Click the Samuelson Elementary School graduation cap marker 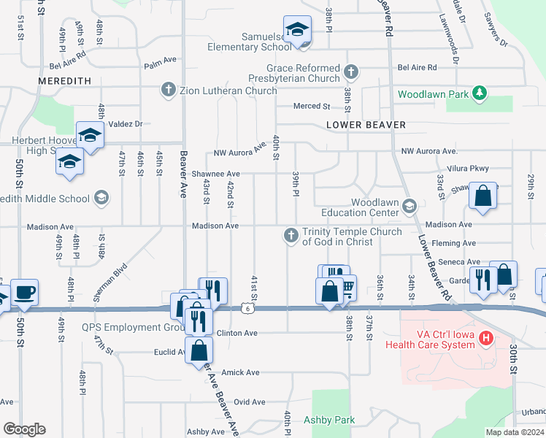click(x=297, y=30)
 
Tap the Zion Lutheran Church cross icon click(x=168, y=91)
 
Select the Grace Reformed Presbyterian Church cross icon click(x=351, y=72)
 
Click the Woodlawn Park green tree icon click(x=479, y=93)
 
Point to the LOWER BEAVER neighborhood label click(x=366, y=125)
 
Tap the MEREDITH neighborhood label click(x=65, y=81)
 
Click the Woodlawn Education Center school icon click(x=409, y=207)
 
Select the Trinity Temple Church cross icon click(x=291, y=234)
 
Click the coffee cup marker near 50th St click(x=25, y=293)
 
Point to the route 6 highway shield click(x=247, y=309)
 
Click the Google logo click(x=24, y=429)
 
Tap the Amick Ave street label click(x=241, y=372)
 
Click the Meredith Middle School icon click(x=101, y=198)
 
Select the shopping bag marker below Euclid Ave click(x=199, y=350)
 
